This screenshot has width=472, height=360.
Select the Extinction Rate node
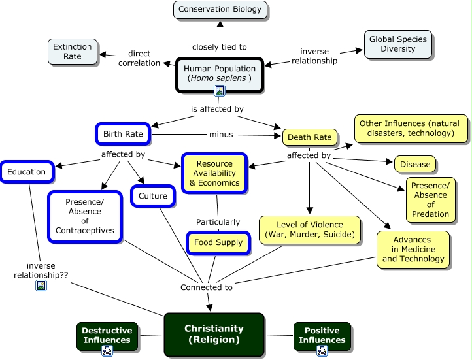[x=73, y=52]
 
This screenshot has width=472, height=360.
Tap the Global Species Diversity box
[x=397, y=44]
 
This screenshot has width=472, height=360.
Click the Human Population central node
[x=220, y=73]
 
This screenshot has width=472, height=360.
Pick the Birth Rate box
[x=123, y=134]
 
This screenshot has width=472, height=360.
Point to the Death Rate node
[x=311, y=137]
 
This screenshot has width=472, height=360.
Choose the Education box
[x=27, y=172]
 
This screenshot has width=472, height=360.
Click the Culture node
[x=153, y=195]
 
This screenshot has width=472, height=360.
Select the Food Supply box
[x=218, y=242]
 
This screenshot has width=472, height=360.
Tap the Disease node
[x=415, y=164]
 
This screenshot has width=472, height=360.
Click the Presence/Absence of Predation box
[x=430, y=199]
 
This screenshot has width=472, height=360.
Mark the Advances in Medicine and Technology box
[x=413, y=249]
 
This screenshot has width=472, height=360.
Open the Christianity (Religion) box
[x=214, y=335]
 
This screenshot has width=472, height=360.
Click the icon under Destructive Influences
[x=107, y=351]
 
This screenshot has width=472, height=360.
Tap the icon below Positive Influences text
[x=322, y=351]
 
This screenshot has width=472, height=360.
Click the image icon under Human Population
[x=220, y=91]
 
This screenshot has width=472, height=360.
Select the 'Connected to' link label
[x=206, y=287]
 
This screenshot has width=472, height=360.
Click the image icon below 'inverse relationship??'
[x=41, y=286]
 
